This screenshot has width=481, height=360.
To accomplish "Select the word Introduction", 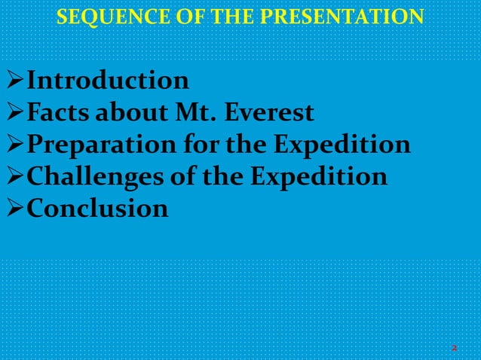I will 108,81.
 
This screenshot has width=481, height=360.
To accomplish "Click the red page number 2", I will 455,348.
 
